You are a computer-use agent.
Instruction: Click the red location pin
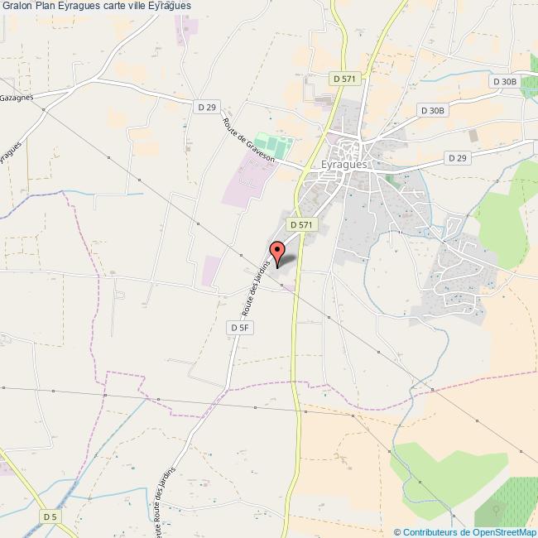(277, 252)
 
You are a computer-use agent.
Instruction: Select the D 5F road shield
(239, 328)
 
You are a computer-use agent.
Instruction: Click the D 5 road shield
(50, 516)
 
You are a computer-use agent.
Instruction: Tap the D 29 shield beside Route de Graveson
(206, 107)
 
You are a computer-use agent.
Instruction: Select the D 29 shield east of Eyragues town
(457, 157)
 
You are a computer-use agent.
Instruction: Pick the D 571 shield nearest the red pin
(301, 224)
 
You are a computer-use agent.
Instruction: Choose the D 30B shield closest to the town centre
(432, 110)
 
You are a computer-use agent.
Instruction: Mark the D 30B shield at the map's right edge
(504, 81)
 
